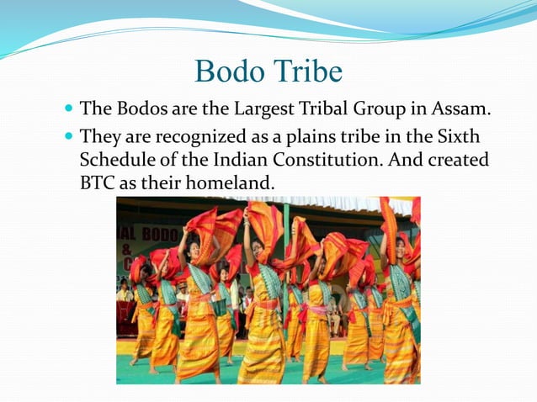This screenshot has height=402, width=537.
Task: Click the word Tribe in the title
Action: pos(307,71)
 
